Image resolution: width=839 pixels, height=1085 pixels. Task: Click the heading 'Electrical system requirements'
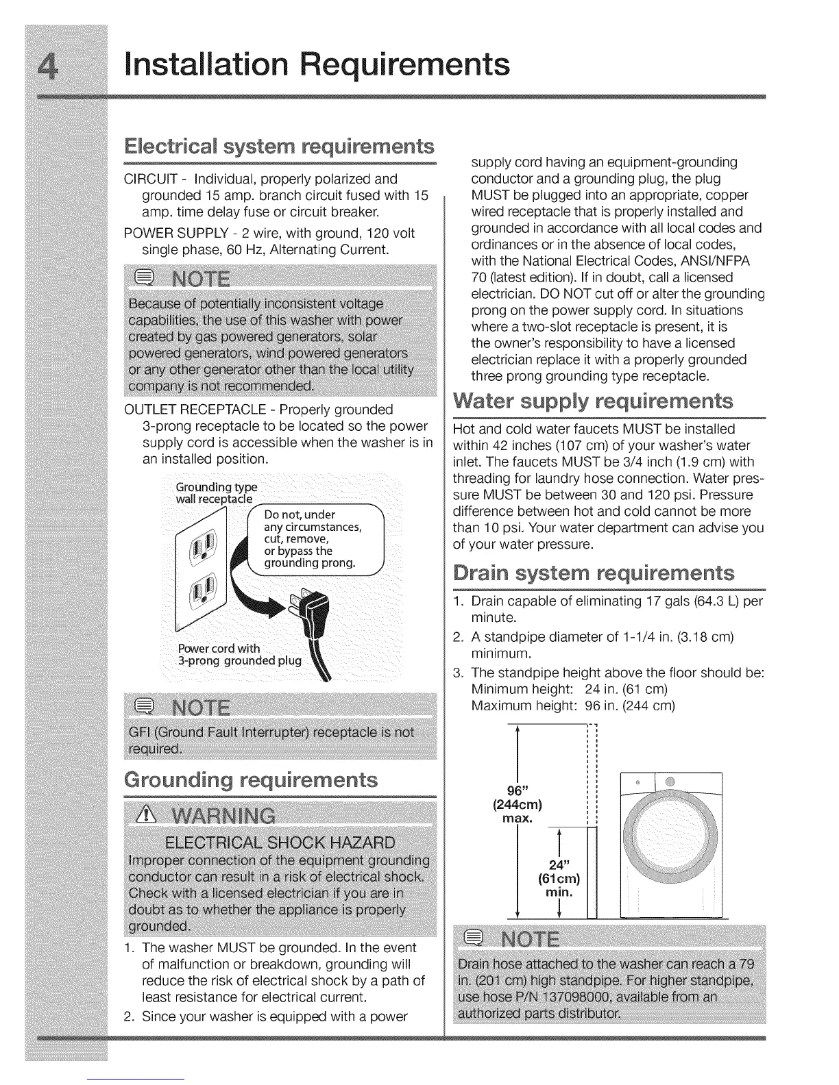pyautogui.click(x=280, y=147)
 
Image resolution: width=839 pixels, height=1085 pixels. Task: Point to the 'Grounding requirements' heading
pyautogui.click(x=251, y=781)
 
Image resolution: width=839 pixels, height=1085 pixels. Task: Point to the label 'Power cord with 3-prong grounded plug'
pyautogui.click(x=239, y=655)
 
